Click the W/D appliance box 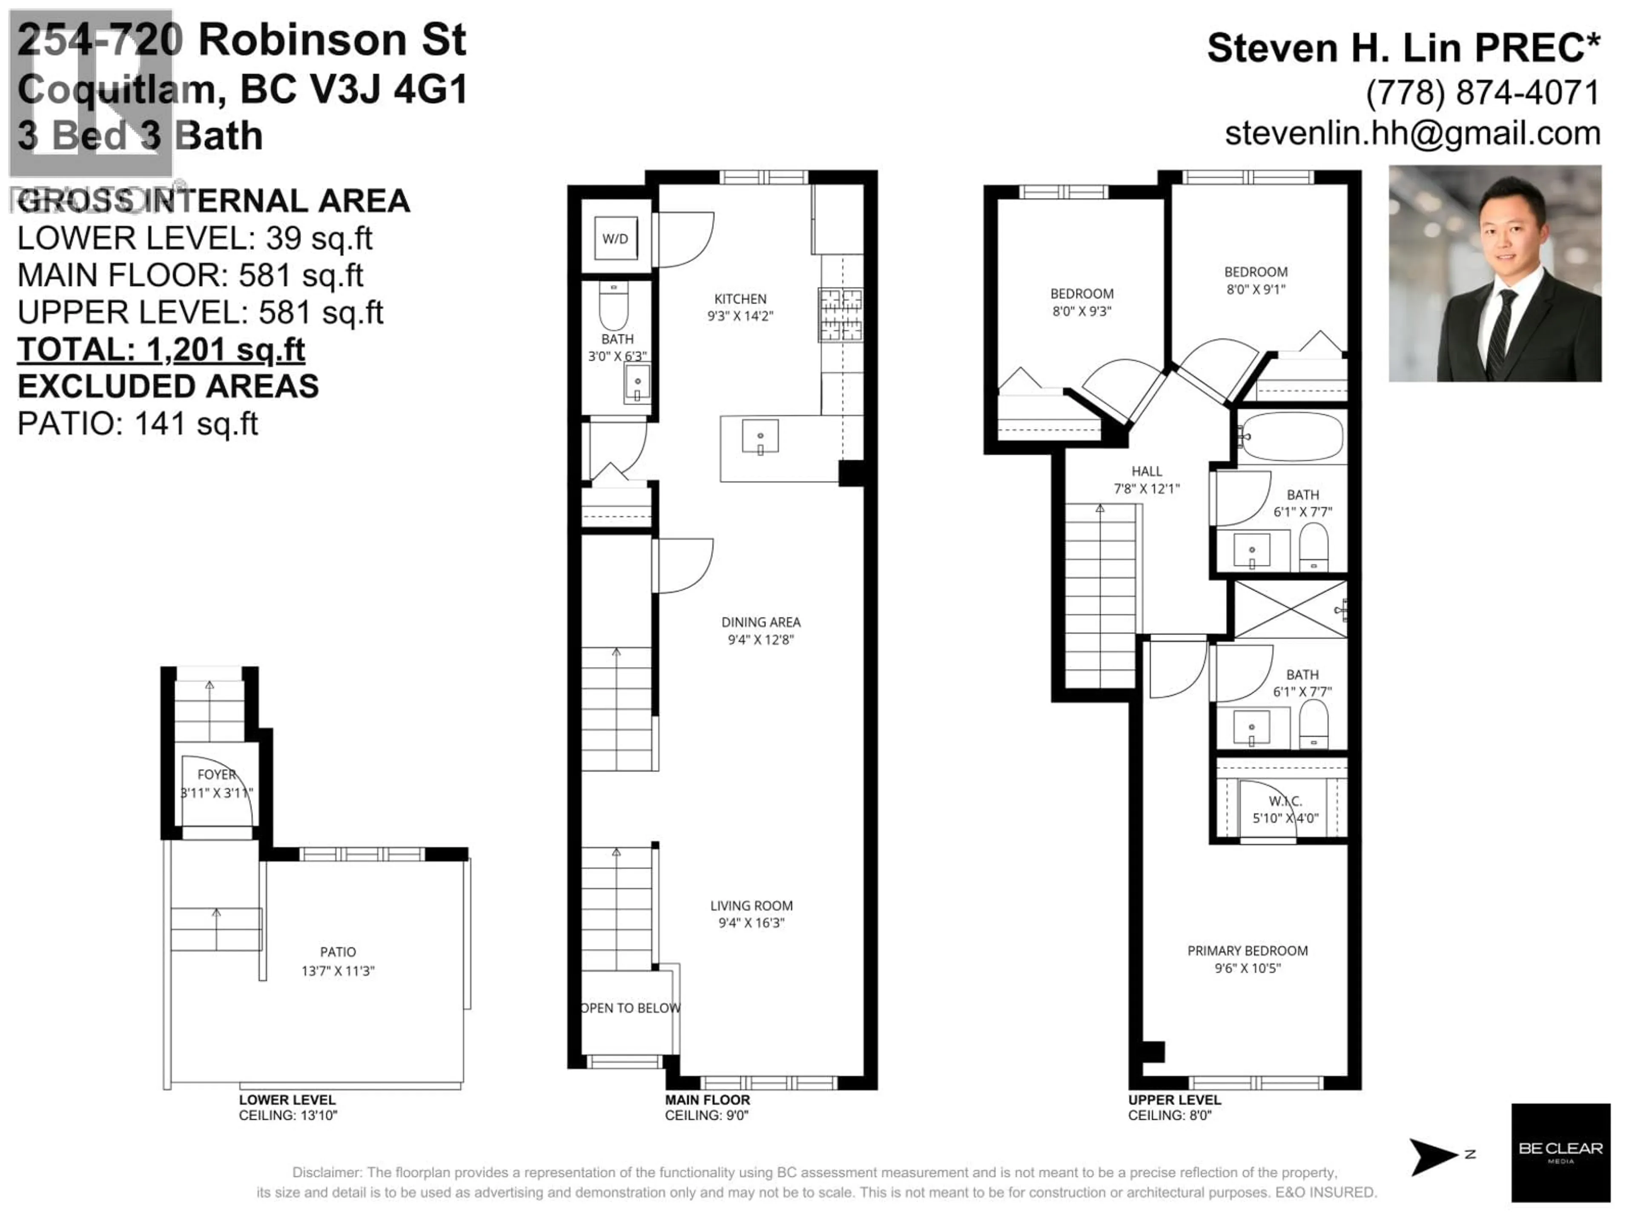[x=616, y=238]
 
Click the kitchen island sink [x=760, y=438]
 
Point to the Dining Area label [x=760, y=622]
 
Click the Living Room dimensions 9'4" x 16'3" [x=751, y=922]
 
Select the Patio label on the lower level [x=338, y=952]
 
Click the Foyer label [x=217, y=774]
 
